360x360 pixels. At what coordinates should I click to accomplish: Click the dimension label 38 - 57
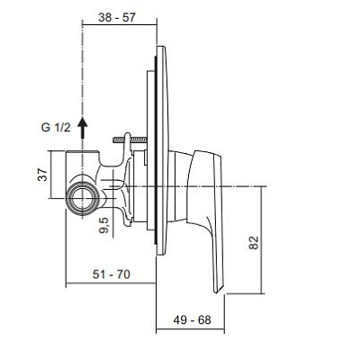117,17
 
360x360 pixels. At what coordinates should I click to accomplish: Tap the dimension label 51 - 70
112,274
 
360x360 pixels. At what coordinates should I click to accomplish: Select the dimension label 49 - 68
192,319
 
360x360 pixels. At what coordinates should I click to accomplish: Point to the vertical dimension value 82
254,243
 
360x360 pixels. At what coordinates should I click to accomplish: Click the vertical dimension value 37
43,175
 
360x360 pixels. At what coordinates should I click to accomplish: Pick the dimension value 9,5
105,226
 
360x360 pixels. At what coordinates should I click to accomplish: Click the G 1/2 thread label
56,128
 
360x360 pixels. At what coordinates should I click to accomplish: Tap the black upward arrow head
83,122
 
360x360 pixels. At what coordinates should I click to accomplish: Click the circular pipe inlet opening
83,198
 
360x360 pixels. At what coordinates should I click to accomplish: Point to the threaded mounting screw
130,139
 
